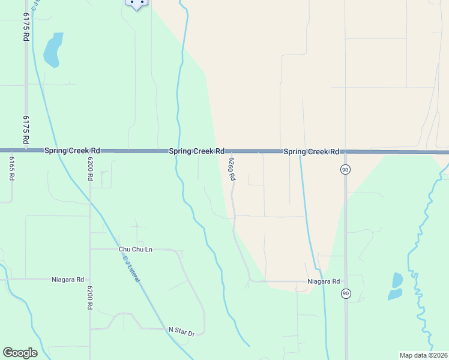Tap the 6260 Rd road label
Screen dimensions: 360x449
tap(231, 169)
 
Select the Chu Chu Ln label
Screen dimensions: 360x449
tap(136, 249)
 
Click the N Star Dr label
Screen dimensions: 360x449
tap(182, 331)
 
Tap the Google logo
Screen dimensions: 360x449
tap(20, 353)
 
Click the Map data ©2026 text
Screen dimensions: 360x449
tap(423, 355)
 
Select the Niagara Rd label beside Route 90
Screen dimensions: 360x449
tap(324, 281)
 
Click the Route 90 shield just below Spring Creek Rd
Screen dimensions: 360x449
tap(345, 170)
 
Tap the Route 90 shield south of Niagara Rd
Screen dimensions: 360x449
tap(345, 293)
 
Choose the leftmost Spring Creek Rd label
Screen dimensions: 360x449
tap(72, 151)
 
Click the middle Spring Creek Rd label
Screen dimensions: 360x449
tap(196, 151)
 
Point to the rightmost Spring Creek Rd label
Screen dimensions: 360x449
tap(312, 151)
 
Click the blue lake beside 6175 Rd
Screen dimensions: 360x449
tap(53, 50)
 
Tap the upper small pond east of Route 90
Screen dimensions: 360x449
tap(397, 280)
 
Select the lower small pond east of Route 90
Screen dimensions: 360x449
tap(395, 294)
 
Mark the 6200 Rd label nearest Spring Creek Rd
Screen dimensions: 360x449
tap(90, 169)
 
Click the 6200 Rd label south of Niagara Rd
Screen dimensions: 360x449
tap(89, 296)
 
